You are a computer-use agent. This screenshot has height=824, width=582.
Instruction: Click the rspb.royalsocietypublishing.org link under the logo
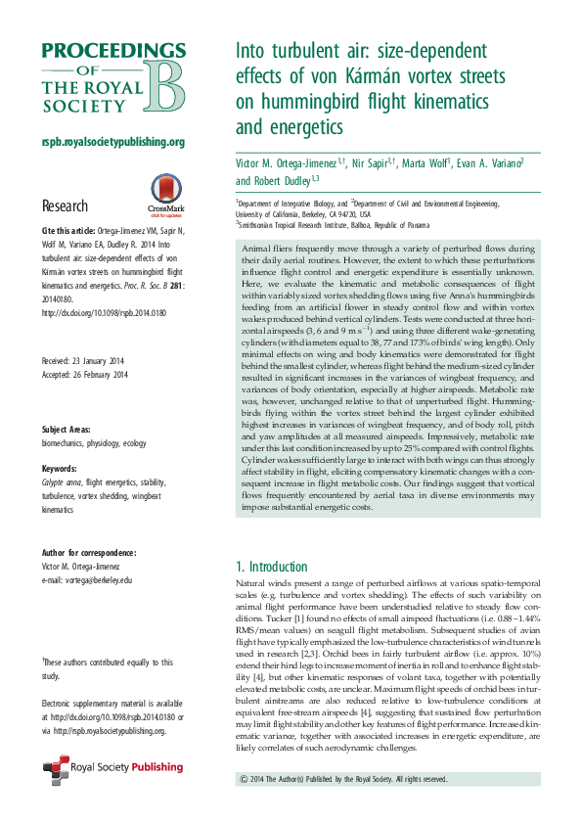(112, 142)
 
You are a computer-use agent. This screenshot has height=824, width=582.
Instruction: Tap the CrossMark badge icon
(137, 192)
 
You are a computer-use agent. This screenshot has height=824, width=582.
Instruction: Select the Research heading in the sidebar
(65, 206)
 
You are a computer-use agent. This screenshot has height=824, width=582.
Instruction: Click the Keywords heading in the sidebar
(62, 468)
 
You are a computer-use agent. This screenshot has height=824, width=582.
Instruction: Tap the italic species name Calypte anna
(61, 481)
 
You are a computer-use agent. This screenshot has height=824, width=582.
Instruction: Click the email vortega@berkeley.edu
(87, 580)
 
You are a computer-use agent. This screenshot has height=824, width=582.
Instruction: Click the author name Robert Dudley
(257, 181)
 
